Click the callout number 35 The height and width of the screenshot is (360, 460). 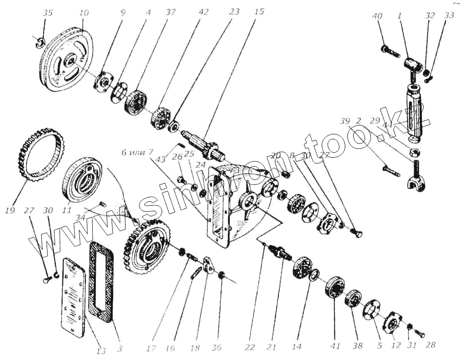point(47,12)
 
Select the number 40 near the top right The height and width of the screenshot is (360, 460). point(378,16)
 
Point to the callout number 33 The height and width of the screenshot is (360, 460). point(449,16)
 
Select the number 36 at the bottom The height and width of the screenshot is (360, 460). point(217,347)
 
